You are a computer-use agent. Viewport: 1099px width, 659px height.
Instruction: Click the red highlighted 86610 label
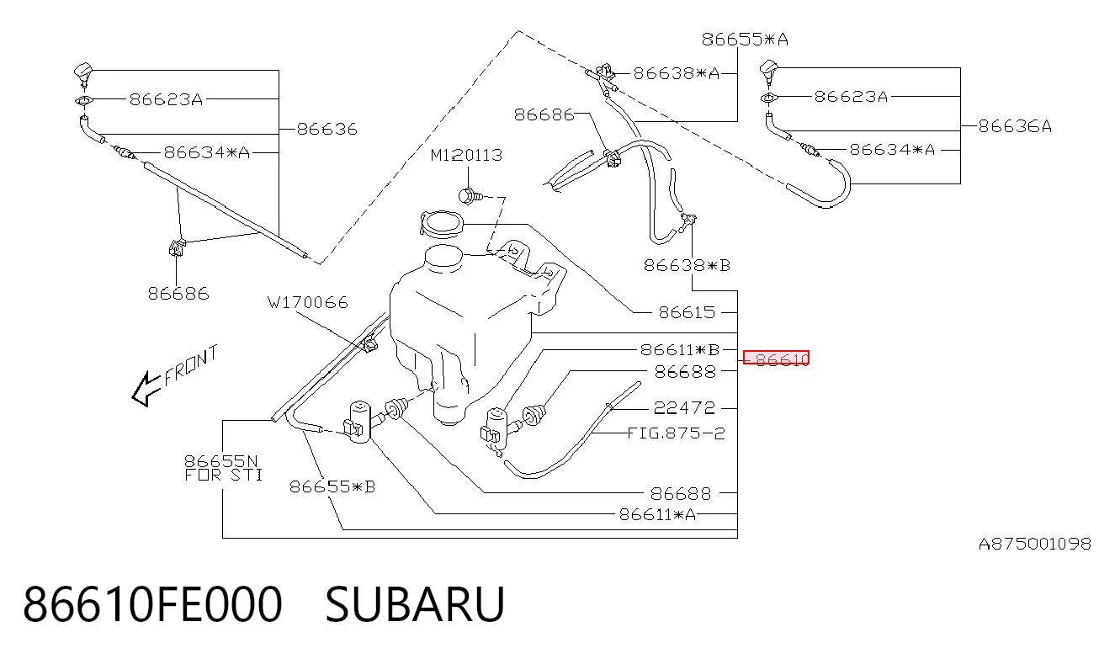pos(776,359)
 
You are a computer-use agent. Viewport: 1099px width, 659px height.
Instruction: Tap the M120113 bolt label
pos(466,156)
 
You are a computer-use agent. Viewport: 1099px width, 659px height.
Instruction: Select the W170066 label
pos(308,302)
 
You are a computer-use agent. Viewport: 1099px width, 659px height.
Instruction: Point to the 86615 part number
pos(687,312)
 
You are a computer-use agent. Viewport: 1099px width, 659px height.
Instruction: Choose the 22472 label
pos(684,407)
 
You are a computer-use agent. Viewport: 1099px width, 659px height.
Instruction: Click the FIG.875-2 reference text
pos(676,433)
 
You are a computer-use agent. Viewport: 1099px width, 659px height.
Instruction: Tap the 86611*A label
pos(657,514)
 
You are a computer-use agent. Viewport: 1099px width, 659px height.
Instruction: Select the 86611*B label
pos(680,350)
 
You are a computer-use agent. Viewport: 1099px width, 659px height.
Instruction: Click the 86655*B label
pos(332,486)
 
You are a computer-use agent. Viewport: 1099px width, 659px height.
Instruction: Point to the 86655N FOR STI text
pos(223,468)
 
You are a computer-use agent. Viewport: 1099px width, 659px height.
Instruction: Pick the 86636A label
pos(1015,126)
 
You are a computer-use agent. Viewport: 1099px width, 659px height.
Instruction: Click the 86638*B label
pos(687,265)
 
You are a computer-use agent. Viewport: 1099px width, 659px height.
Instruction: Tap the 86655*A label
pos(745,40)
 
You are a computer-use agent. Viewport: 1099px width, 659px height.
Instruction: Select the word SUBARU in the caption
pos(415,604)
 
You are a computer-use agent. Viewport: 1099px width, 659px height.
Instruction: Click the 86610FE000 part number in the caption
pos(152,604)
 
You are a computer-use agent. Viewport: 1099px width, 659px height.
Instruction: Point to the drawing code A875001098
pos(1035,544)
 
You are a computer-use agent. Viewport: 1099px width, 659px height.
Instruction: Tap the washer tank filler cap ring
pos(442,224)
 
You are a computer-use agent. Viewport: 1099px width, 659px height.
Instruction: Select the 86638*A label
pos(676,73)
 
